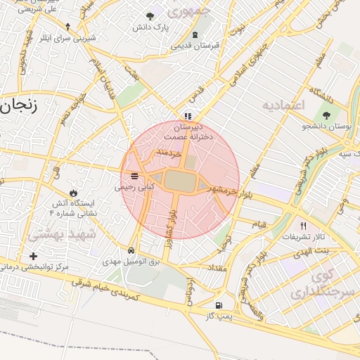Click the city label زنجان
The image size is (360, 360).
[19, 105]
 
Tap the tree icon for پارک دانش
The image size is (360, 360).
[149, 16]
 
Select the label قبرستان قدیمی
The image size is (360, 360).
[195, 45]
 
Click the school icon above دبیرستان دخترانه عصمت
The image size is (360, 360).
[187, 116]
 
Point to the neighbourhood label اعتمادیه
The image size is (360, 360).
[284, 105]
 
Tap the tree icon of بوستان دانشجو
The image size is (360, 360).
[326, 115]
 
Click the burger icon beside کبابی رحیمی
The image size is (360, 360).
[134, 176]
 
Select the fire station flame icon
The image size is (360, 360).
[74, 192]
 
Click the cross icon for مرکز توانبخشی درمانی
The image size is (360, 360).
[33, 256]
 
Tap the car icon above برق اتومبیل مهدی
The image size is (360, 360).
[131, 250]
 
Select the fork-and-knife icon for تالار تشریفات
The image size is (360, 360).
[303, 226]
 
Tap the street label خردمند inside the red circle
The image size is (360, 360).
[169, 152]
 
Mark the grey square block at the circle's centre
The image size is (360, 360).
[181, 181]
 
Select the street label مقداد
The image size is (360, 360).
[217, 269]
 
